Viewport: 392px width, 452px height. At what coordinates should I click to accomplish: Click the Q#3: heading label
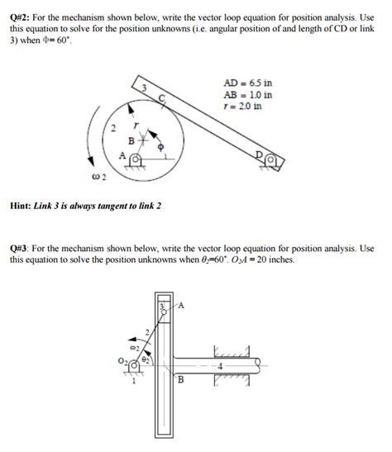click(22, 248)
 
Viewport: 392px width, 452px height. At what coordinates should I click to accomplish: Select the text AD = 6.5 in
click(248, 83)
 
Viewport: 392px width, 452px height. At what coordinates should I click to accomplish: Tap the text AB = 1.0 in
click(248, 94)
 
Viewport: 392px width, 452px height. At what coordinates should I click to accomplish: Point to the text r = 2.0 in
click(243, 106)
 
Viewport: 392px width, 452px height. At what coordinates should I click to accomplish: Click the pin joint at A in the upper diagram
click(135, 156)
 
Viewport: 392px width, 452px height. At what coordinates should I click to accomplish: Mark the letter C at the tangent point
click(162, 98)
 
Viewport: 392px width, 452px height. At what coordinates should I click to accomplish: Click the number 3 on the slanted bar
click(143, 88)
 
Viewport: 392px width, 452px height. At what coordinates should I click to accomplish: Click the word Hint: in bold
click(22, 204)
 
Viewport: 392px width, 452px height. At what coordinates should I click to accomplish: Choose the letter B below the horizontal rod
click(180, 379)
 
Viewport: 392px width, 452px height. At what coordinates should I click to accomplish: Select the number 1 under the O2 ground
click(135, 380)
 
